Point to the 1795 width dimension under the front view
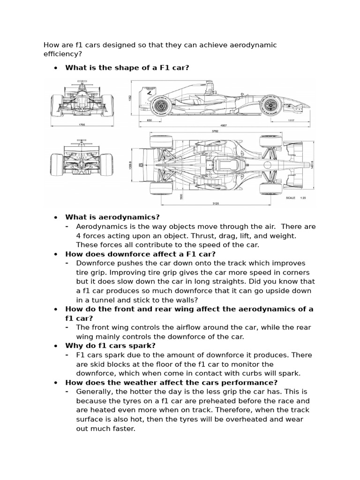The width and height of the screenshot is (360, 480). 82,125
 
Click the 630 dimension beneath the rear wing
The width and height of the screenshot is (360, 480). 150,120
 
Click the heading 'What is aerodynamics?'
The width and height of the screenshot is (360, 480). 112,217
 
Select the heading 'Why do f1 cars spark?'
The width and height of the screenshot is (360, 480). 110,345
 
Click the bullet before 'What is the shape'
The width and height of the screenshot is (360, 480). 56,68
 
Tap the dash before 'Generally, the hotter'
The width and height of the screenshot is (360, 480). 68,391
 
